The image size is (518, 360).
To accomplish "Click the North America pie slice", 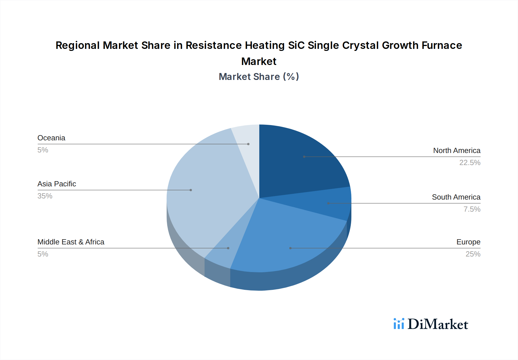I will pos(299,161).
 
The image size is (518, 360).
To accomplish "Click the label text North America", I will pos(456,150).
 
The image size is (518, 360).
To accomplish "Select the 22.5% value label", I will pos(470,162).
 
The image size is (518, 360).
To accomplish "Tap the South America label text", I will pos(456,197).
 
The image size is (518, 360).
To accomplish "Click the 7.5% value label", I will pos(472,209).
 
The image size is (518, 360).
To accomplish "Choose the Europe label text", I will pos(468,242).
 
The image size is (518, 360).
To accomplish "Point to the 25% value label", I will pos(473,254).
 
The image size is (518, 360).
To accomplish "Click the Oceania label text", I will pos(51,138).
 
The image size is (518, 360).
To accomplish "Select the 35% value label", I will pos(45,196).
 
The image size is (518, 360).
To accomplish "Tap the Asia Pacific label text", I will pos(57,184).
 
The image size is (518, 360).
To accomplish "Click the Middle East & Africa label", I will pos(71,242).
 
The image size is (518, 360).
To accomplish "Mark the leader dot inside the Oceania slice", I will pos(248,144).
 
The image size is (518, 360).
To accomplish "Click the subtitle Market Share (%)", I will pos(259,76).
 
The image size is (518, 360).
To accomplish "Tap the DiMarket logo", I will pos(431,324).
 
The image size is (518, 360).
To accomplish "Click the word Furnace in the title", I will pos(442,45).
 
